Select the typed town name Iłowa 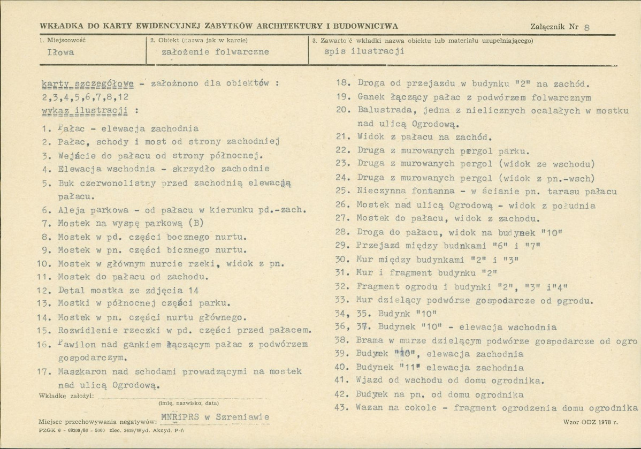(60, 52)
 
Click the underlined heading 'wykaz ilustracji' (83, 111)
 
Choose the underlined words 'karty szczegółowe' (87, 83)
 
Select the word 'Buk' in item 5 (66, 184)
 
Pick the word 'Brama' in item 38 (369, 340)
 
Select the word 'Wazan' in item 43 (369, 408)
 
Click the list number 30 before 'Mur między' (342, 259)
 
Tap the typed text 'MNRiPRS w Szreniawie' (214, 417)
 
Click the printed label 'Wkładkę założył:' (67, 395)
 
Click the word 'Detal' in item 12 (70, 291)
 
